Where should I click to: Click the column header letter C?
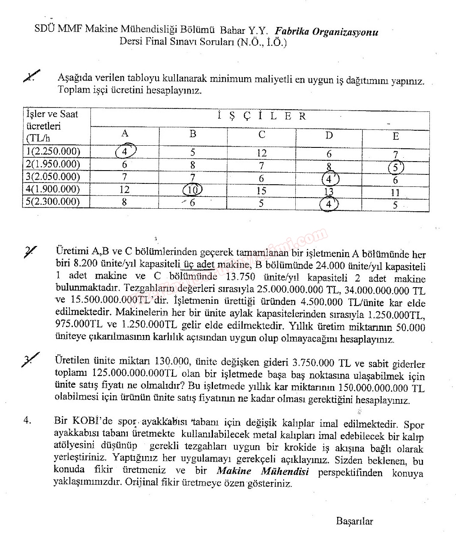point(261,135)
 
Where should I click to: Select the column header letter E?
point(396,136)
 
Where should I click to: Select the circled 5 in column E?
point(396,167)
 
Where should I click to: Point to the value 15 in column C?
point(261,191)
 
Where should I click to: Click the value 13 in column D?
point(329,192)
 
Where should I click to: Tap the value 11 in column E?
point(395,192)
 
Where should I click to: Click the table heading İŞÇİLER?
point(261,116)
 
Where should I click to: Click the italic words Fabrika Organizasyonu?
point(327,31)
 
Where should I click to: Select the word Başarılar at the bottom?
point(354,522)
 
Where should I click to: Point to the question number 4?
point(27,420)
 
